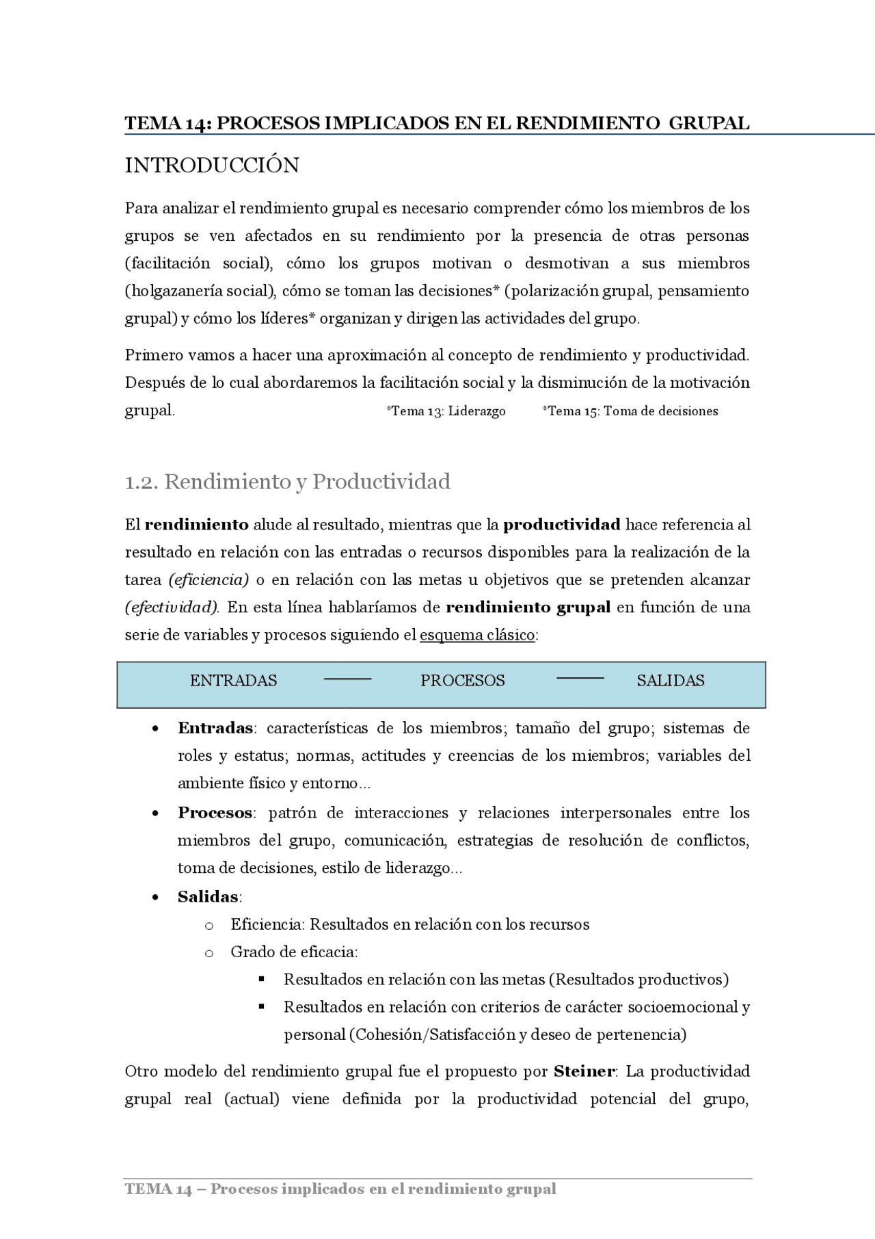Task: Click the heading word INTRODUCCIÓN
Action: click(212, 166)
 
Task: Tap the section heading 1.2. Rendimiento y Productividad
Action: click(287, 482)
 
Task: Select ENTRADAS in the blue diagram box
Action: click(233, 681)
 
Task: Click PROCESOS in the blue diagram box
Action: click(462, 681)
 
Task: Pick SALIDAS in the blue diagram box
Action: click(670, 681)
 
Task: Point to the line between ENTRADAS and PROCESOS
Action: click(347, 679)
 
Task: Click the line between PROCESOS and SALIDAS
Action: click(580, 678)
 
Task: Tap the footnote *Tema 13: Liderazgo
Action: click(446, 411)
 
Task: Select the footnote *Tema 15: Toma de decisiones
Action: click(630, 411)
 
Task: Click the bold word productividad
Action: click(562, 525)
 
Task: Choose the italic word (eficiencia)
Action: click(208, 580)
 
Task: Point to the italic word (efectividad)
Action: click(172, 608)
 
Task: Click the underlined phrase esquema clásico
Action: click(477, 635)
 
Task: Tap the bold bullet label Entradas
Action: click(215, 728)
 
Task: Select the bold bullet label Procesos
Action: click(215, 813)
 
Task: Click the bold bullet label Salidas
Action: click(208, 897)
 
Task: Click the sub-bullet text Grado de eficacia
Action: click(293, 952)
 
